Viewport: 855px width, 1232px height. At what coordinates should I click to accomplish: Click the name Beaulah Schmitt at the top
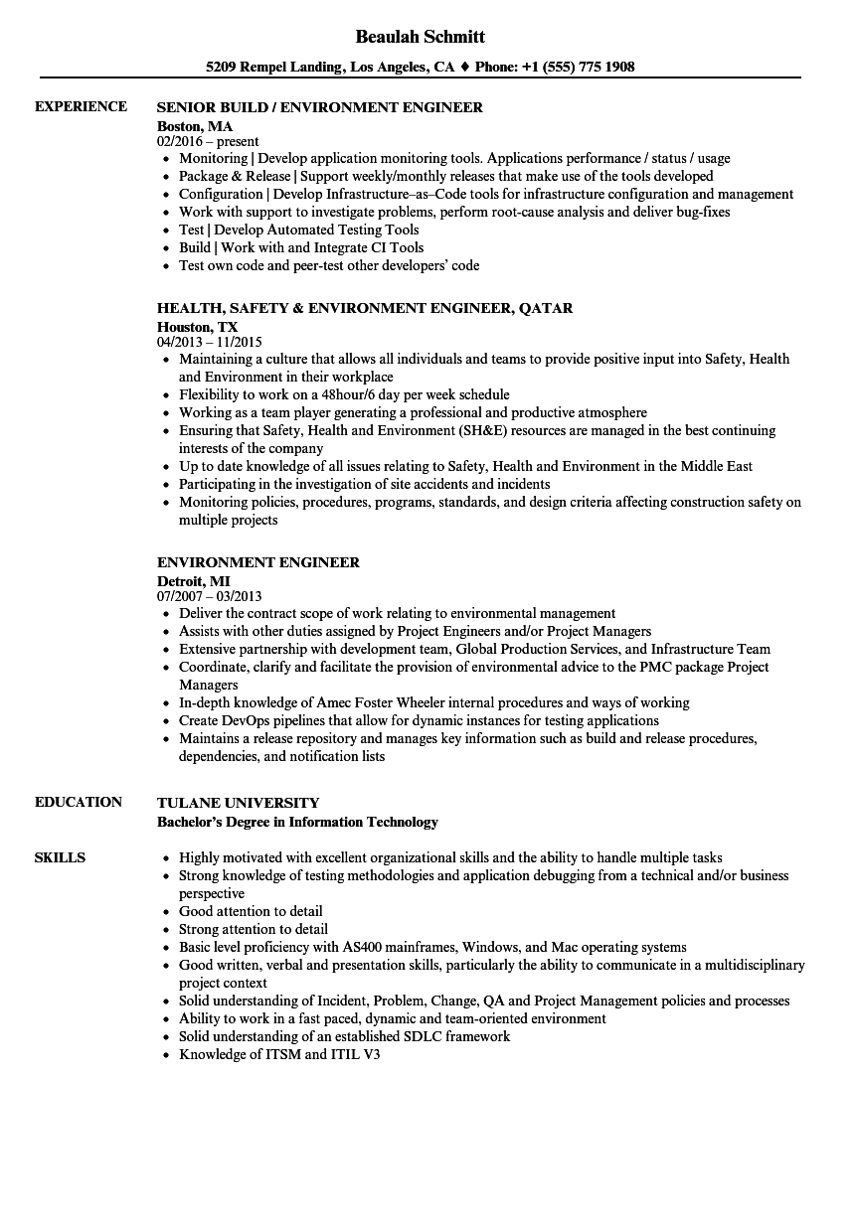(421, 37)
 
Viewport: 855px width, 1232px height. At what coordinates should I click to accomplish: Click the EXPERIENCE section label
(81, 106)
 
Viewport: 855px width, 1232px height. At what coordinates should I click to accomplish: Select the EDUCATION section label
(79, 802)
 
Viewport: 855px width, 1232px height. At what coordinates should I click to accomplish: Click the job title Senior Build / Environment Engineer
(320, 107)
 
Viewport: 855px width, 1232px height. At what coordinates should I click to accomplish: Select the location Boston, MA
(195, 126)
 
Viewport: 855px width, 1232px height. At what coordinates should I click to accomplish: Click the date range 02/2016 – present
(208, 142)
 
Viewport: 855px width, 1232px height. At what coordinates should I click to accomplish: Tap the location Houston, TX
(198, 327)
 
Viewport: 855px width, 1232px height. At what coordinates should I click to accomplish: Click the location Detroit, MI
(194, 581)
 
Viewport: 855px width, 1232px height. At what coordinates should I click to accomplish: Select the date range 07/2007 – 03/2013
(210, 597)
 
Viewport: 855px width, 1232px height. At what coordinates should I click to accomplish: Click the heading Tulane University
(239, 803)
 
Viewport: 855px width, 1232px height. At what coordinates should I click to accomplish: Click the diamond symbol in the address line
(464, 68)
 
